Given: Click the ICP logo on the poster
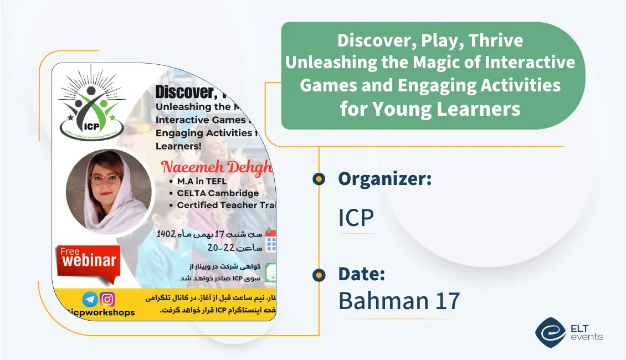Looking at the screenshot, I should pyautogui.click(x=92, y=107).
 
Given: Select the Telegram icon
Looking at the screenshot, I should pyautogui.click(x=90, y=299).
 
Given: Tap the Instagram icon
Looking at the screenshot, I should pyautogui.click(x=107, y=299).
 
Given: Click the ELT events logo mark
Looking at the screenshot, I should pyautogui.click(x=550, y=332).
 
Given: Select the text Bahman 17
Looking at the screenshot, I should pyautogui.click(x=399, y=301).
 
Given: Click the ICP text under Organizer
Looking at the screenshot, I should pyautogui.click(x=356, y=218).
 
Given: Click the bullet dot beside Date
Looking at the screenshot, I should pyautogui.click(x=319, y=274).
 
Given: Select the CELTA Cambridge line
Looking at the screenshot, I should pyautogui.click(x=217, y=193).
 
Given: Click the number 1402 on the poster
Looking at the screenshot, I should pyautogui.click(x=166, y=233).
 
